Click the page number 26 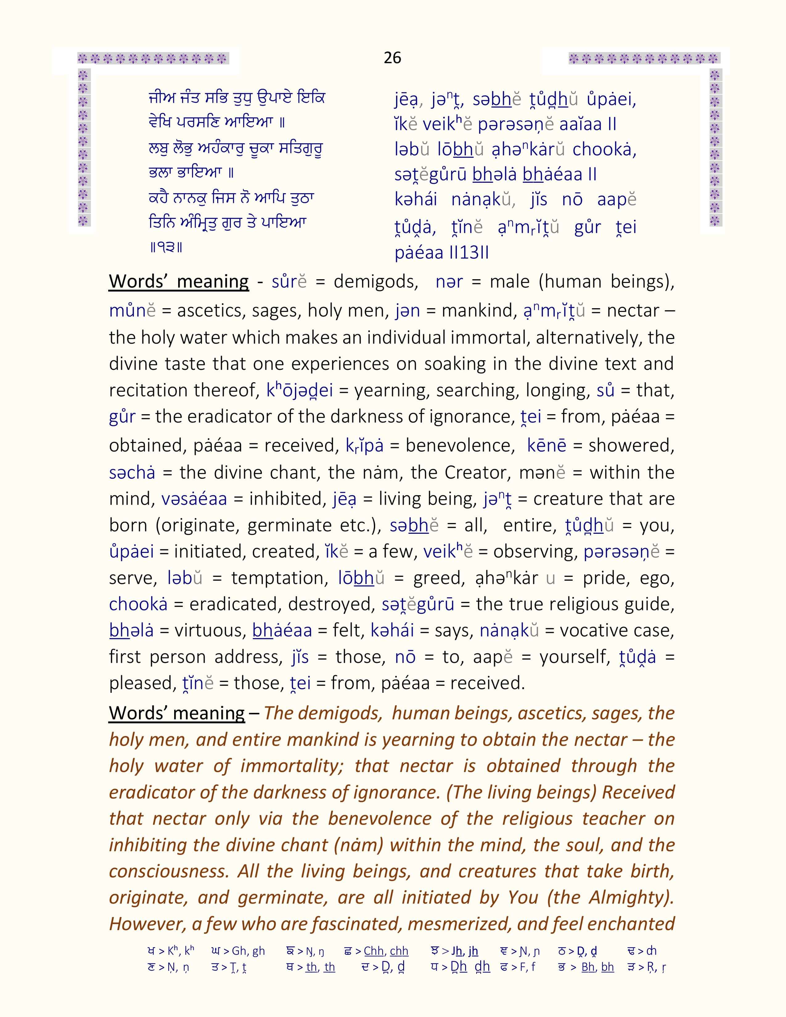click(392, 58)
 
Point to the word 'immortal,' click(494, 337)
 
